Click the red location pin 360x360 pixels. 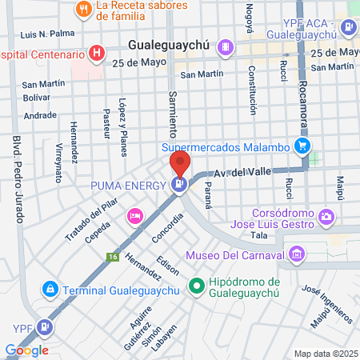pos(179,165)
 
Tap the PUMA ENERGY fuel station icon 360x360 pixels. pos(179,185)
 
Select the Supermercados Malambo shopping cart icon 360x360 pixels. pos(302,146)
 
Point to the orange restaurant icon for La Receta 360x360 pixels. pos(83,10)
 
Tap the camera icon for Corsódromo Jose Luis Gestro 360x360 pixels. pos(326,216)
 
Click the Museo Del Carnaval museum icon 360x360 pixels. pos(297,255)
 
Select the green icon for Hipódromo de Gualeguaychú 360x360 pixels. pos(195,285)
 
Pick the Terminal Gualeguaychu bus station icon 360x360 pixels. pos(50,288)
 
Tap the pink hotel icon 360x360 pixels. pos(135,214)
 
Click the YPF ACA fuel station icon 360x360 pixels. pos(348,28)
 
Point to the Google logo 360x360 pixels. pos(27,350)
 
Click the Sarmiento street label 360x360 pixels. pos(172,113)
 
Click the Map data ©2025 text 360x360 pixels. pos(326,354)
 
